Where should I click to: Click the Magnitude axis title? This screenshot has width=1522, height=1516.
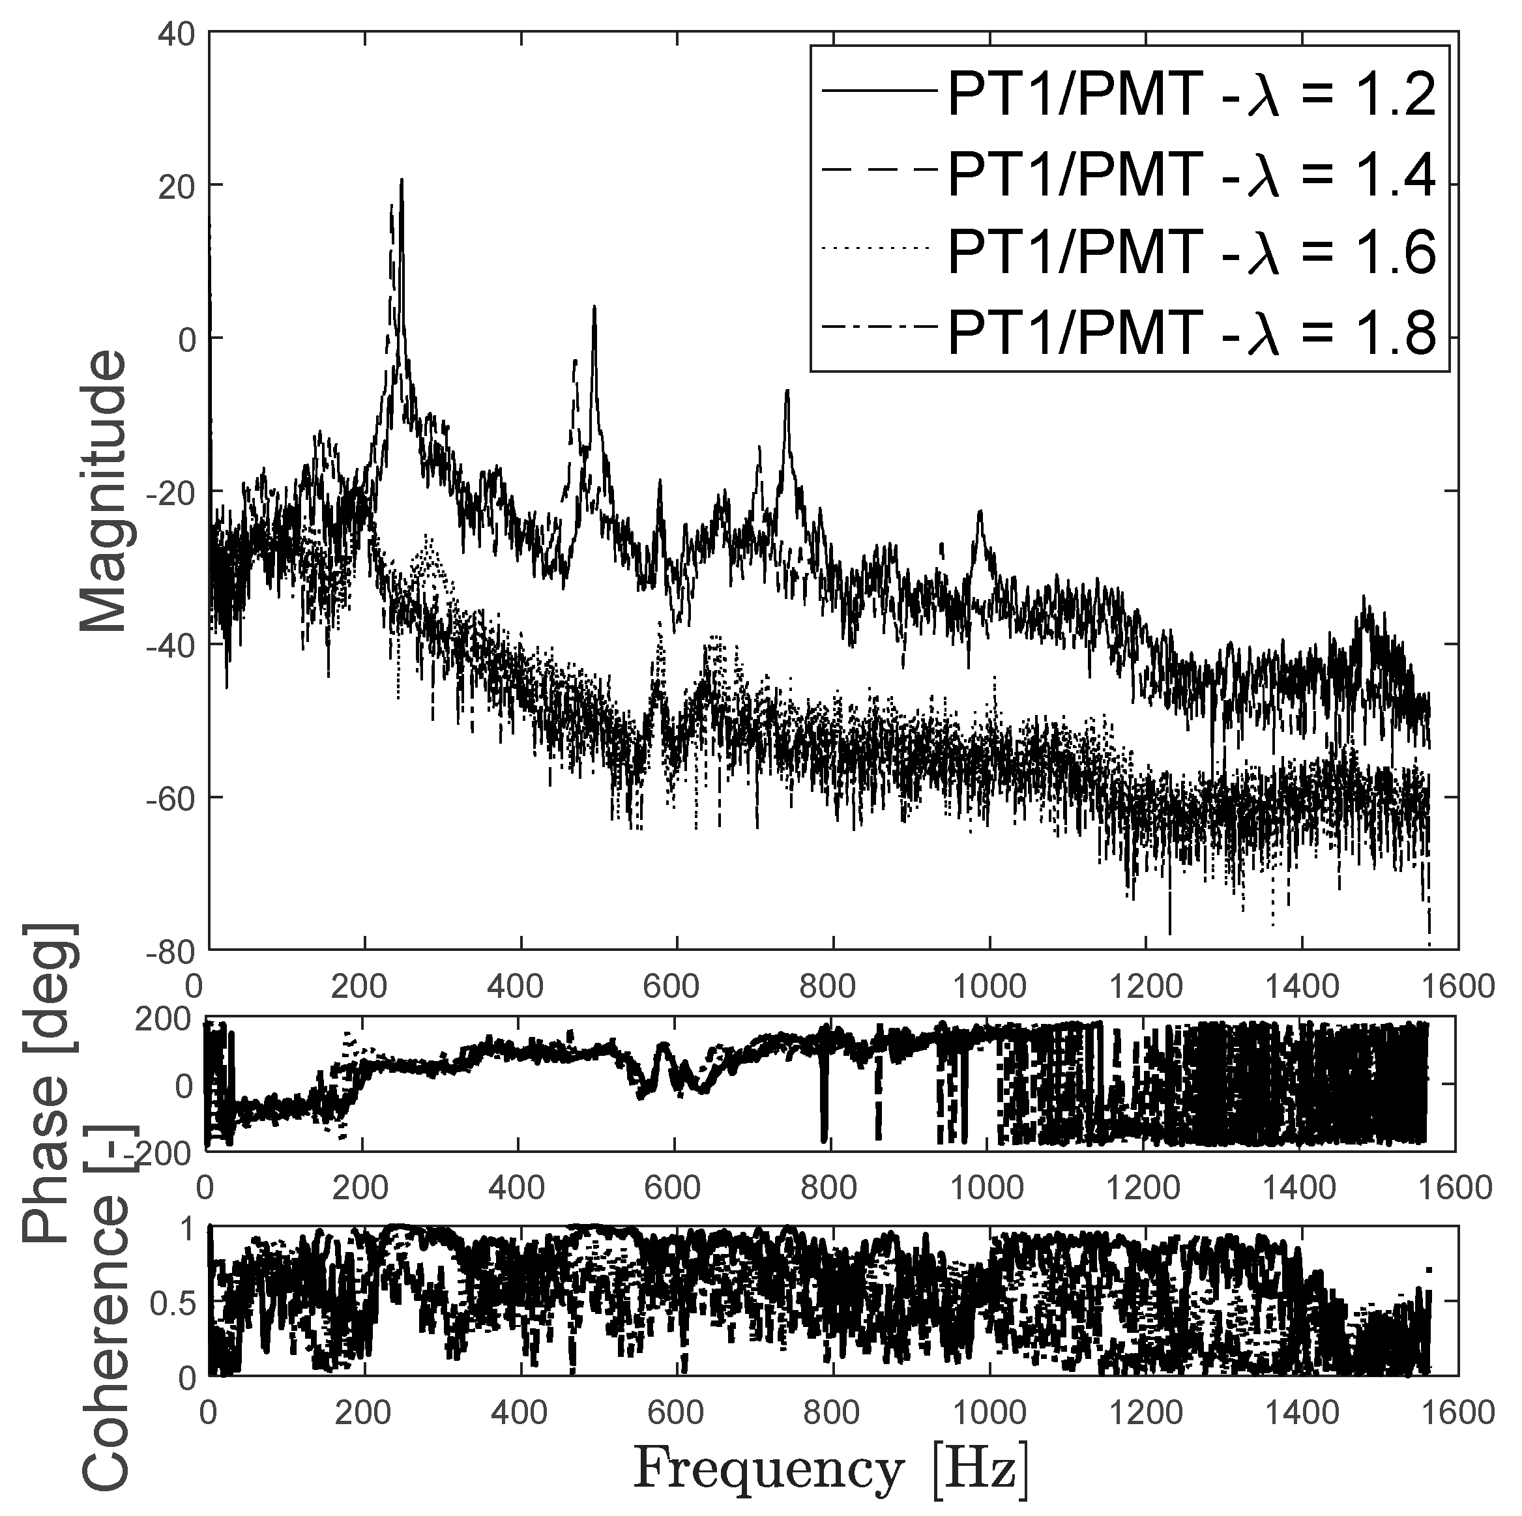coord(104,491)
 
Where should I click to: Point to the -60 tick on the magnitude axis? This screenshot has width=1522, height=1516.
coord(173,798)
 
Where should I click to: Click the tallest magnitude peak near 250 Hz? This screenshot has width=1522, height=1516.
coord(401,181)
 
